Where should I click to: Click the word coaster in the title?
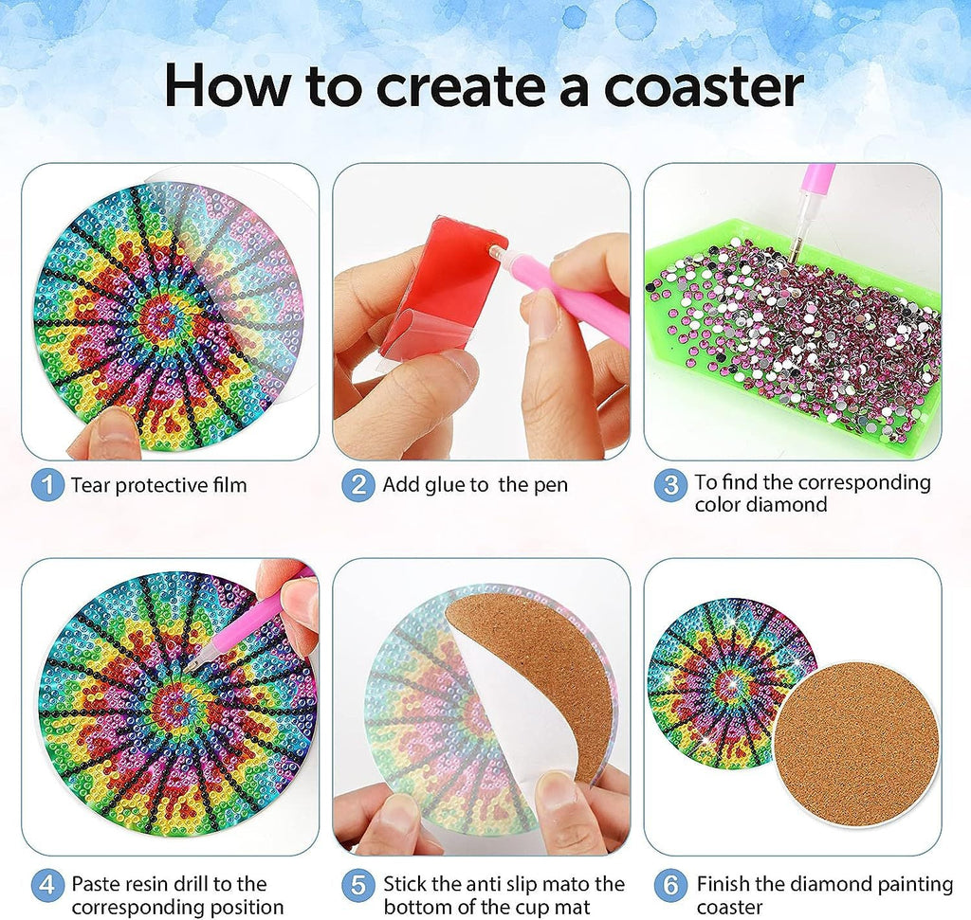click(703, 86)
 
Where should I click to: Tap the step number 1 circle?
click(47, 486)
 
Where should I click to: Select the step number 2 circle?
click(358, 486)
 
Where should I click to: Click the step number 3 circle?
click(670, 486)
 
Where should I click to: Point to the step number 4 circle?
click(47, 887)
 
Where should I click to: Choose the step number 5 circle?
click(358, 887)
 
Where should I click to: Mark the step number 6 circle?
click(670, 887)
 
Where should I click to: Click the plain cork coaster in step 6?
click(856, 744)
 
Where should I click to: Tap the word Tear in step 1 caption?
click(91, 486)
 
